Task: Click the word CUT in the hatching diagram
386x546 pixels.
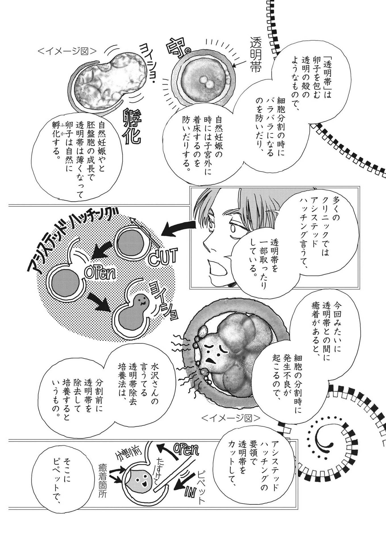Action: [163, 255]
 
